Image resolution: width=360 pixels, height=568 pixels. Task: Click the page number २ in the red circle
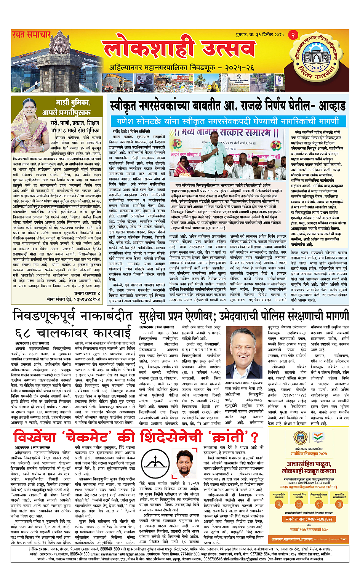coord(293,35)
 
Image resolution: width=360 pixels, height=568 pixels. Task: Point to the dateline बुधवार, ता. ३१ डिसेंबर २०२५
coord(259,35)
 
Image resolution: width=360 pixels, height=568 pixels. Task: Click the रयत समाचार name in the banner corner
coord(31,35)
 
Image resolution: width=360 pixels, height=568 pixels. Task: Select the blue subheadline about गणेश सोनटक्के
coord(227,121)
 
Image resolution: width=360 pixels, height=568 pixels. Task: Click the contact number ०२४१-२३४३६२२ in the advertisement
coord(309,519)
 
